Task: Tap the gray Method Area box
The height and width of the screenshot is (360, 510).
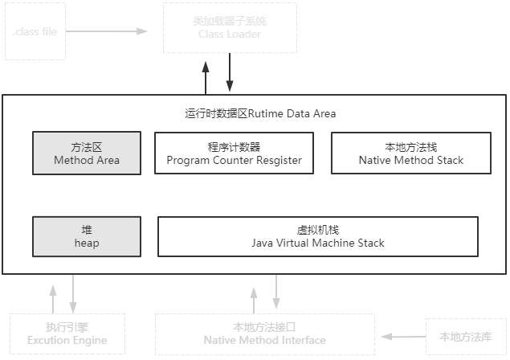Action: click(87, 153)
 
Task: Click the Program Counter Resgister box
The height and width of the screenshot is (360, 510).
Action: click(235, 153)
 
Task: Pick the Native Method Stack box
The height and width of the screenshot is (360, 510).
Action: click(411, 153)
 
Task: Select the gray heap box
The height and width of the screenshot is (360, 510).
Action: click(87, 236)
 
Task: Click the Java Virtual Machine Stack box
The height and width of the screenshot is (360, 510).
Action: click(318, 236)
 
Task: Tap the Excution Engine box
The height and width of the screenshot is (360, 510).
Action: click(67, 333)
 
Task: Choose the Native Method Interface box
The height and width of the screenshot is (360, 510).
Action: click(264, 333)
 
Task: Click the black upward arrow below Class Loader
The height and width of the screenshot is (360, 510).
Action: click(206, 77)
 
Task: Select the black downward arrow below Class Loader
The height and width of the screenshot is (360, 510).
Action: click(230, 77)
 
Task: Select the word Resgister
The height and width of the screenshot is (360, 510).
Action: click(275, 160)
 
